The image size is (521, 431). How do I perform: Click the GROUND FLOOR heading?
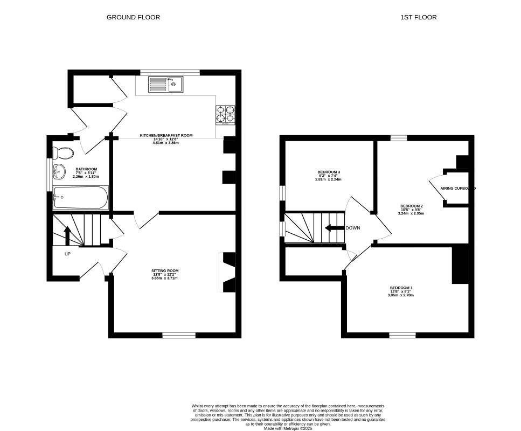(x=133, y=17)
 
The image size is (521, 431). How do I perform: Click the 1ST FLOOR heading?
(x=418, y=17)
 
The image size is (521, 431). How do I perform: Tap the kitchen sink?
(x=165, y=84)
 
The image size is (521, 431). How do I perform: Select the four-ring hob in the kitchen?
(x=226, y=115)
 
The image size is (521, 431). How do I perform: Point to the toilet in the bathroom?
(x=63, y=153)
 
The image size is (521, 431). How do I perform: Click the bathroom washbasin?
(x=58, y=172)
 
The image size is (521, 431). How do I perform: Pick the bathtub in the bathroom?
(x=80, y=197)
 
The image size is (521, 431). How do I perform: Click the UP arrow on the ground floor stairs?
(x=67, y=235)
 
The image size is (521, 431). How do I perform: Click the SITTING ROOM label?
(x=165, y=270)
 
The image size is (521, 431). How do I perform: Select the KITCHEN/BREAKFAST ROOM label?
(x=166, y=135)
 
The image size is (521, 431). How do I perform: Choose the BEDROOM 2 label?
(x=411, y=206)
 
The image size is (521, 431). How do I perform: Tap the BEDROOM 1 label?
(x=401, y=288)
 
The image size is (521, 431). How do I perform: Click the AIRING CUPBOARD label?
(x=458, y=189)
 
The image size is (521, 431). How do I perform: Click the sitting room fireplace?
(x=227, y=273)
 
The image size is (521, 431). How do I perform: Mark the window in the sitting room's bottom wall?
(x=179, y=335)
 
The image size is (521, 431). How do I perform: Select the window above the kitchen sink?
(x=170, y=72)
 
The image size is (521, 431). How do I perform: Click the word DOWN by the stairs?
(x=353, y=228)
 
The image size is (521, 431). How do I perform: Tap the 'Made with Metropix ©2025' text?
(x=288, y=429)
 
